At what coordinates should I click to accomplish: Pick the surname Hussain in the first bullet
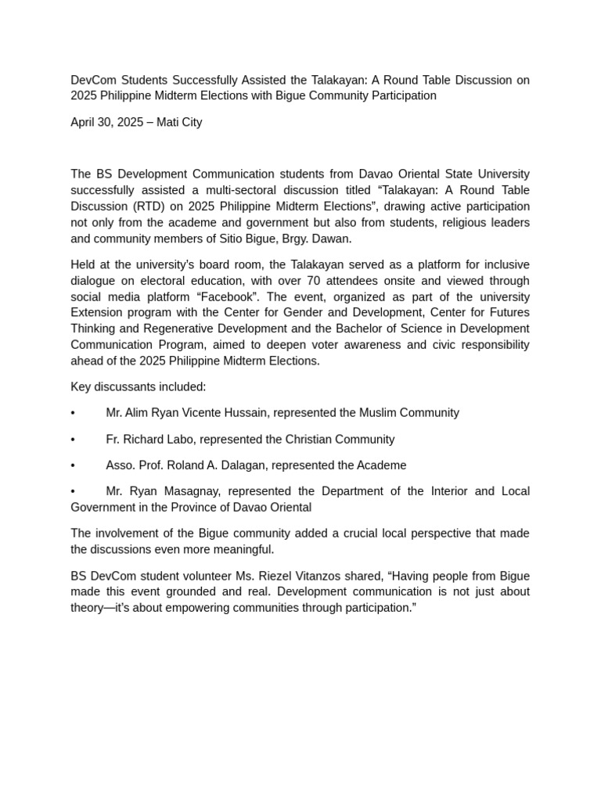point(262,412)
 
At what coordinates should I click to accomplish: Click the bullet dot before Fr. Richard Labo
point(73,439)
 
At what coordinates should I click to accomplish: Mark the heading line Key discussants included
point(139,386)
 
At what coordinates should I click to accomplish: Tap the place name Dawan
point(334,239)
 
